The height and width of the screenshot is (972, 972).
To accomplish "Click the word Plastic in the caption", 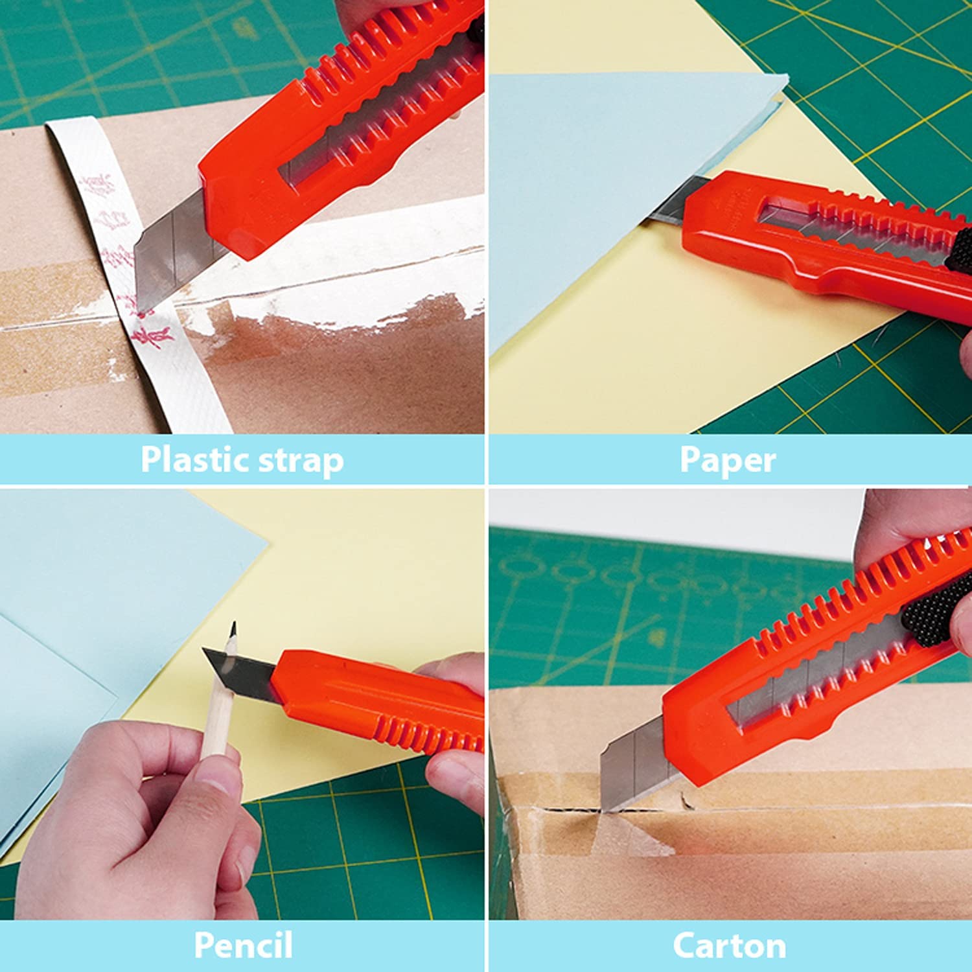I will coord(194,459).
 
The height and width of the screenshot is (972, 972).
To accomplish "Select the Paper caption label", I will coord(727,459).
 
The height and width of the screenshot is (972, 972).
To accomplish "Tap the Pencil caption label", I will coord(243,945).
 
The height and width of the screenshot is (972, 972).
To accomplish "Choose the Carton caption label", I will coord(729,945).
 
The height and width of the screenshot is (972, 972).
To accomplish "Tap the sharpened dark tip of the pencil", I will coord(232,630).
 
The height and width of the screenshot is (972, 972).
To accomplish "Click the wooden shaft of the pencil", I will coord(218,706).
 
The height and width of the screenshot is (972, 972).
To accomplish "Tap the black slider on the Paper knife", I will coord(959,249).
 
